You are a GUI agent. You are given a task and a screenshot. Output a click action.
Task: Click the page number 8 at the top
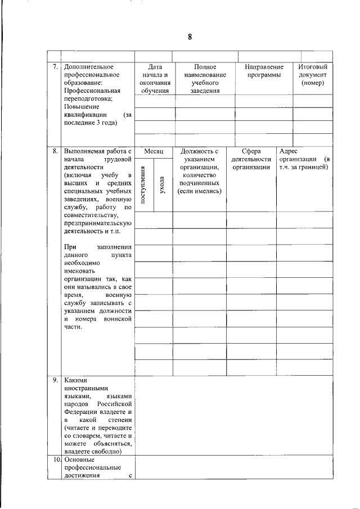(190, 37)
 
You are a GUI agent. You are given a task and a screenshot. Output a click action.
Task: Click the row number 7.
(55, 67)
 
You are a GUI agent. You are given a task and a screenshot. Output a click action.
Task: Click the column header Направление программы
(264, 71)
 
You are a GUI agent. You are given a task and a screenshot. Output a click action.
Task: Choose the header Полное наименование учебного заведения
(204, 79)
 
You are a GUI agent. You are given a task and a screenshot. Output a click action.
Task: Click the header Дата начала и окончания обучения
(155, 79)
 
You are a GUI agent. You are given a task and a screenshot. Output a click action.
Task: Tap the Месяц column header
(154, 151)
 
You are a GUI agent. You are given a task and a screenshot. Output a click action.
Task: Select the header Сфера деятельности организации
(251, 159)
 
